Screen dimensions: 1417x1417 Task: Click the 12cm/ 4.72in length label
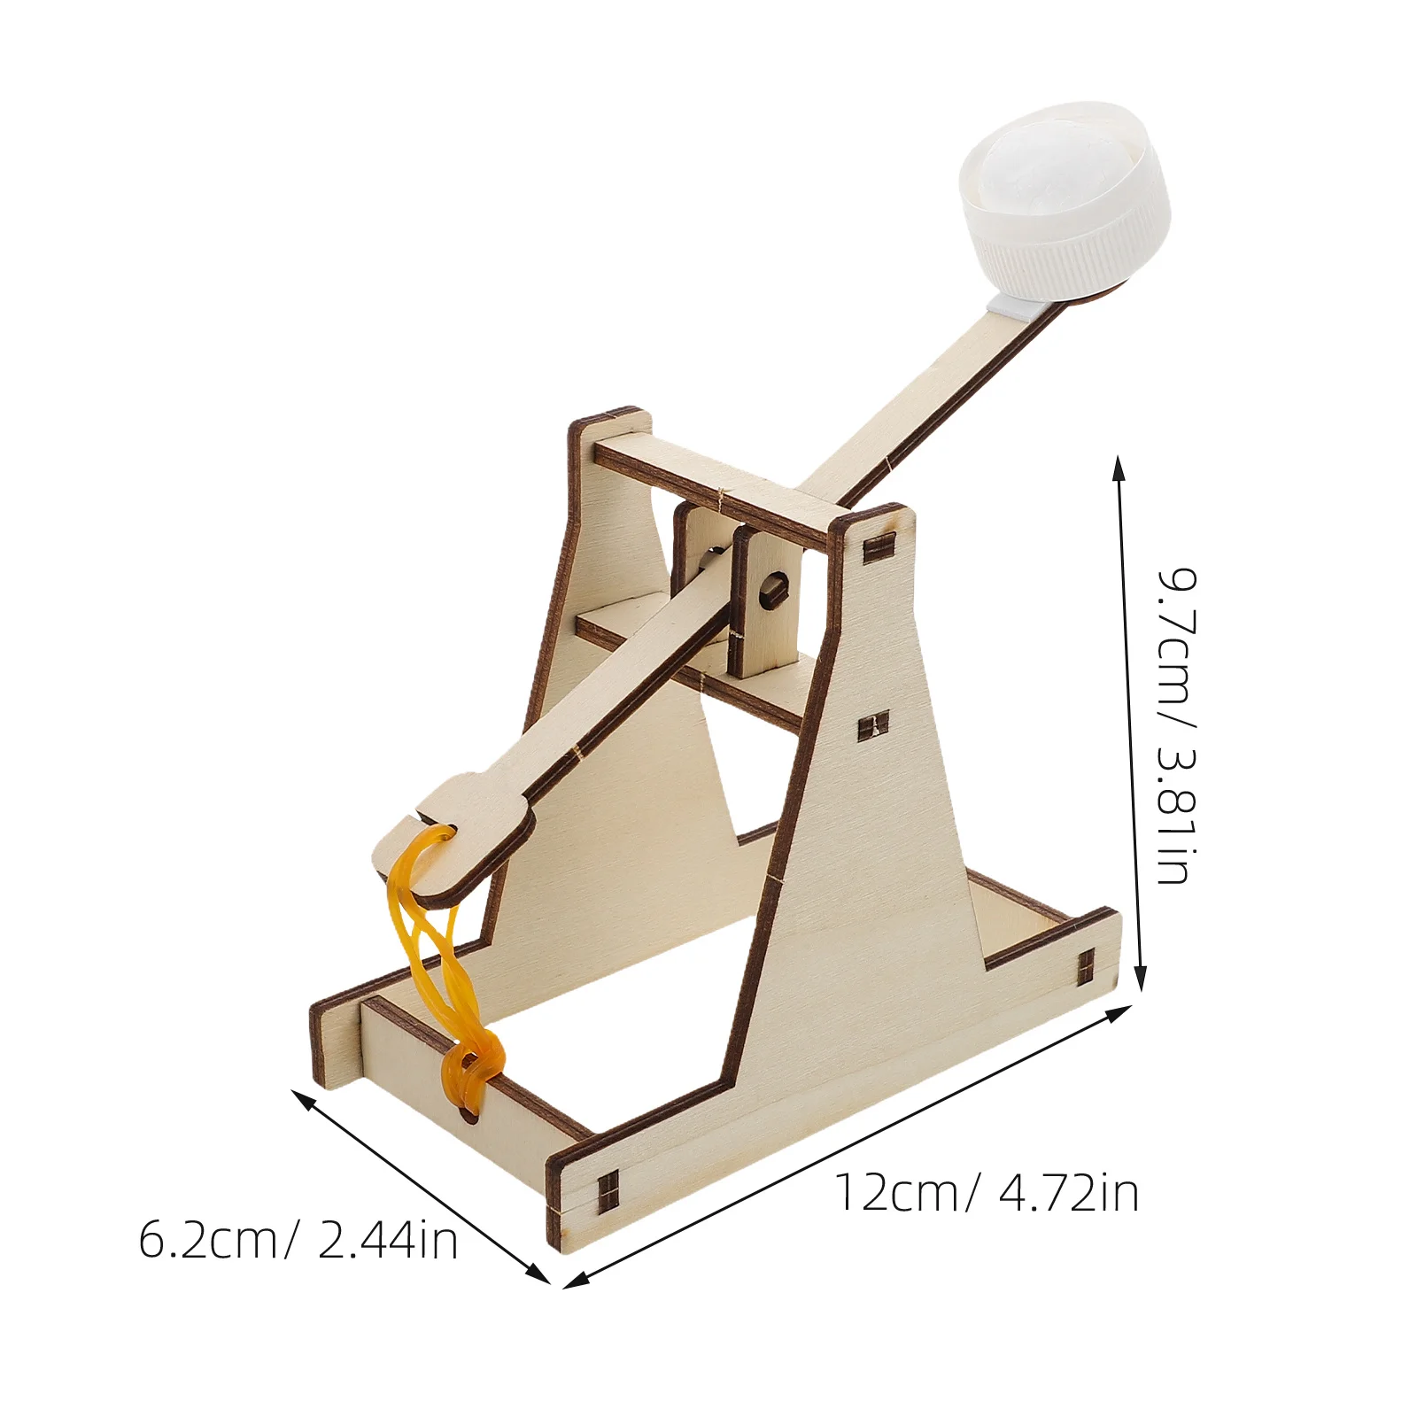(x=987, y=1193)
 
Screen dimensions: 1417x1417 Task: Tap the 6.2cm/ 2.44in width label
(x=298, y=1240)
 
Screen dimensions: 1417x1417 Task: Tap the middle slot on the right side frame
(x=873, y=727)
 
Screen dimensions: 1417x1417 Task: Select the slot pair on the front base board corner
(x=608, y=1192)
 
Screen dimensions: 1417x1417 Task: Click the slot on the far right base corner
(x=1087, y=968)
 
